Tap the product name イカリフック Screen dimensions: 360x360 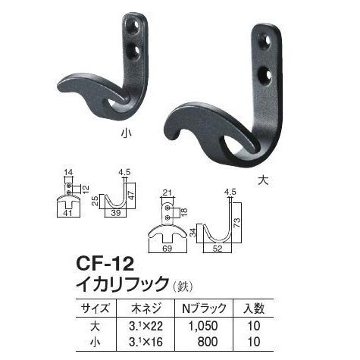click(x=121, y=285)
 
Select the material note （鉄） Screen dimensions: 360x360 click(x=186, y=286)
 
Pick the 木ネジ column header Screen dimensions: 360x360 click(x=153, y=308)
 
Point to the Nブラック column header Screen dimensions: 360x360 click(x=215, y=308)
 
